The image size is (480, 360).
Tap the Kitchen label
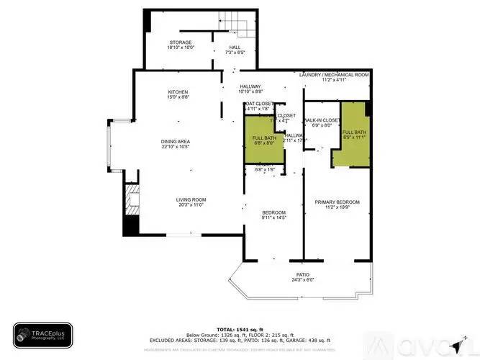coord(178,92)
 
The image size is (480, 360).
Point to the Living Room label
coord(191,199)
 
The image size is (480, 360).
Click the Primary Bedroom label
coord(337,202)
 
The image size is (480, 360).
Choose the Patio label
coord(303,275)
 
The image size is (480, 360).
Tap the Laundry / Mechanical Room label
coord(335,75)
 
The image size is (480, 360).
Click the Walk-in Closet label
coord(322,120)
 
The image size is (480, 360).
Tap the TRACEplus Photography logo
coord(42,335)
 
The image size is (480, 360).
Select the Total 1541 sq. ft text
coord(240,328)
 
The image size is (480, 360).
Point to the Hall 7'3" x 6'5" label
coord(235,50)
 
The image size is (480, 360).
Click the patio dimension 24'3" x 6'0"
coord(303,281)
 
